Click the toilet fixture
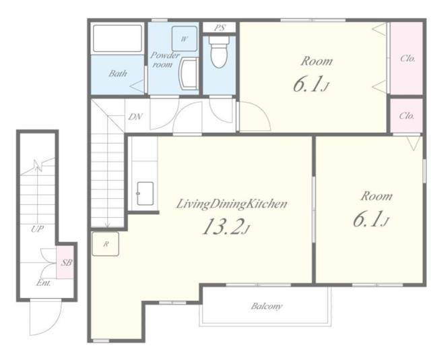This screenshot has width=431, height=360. (x=219, y=52)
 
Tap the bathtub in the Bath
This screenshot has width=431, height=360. (x=117, y=38)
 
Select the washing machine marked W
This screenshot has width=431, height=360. (x=185, y=39)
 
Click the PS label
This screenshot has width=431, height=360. (x=220, y=28)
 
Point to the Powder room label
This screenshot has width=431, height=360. (x=164, y=60)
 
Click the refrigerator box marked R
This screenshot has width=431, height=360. (x=106, y=244)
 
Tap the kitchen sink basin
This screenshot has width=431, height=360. (x=145, y=193)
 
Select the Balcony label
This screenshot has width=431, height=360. (x=267, y=306)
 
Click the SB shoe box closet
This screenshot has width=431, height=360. (x=65, y=262)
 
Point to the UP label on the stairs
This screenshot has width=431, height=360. (x=38, y=229)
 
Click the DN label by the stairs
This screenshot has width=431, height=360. (x=135, y=117)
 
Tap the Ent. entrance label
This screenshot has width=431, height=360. (x=43, y=282)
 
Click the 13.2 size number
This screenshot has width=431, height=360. (x=222, y=227)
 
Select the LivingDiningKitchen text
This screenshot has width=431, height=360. (x=232, y=204)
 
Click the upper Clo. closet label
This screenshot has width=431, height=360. (x=407, y=59)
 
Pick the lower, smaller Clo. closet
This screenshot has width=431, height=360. (x=407, y=115)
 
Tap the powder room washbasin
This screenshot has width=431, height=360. (x=189, y=73)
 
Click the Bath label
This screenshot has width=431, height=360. (x=118, y=73)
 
